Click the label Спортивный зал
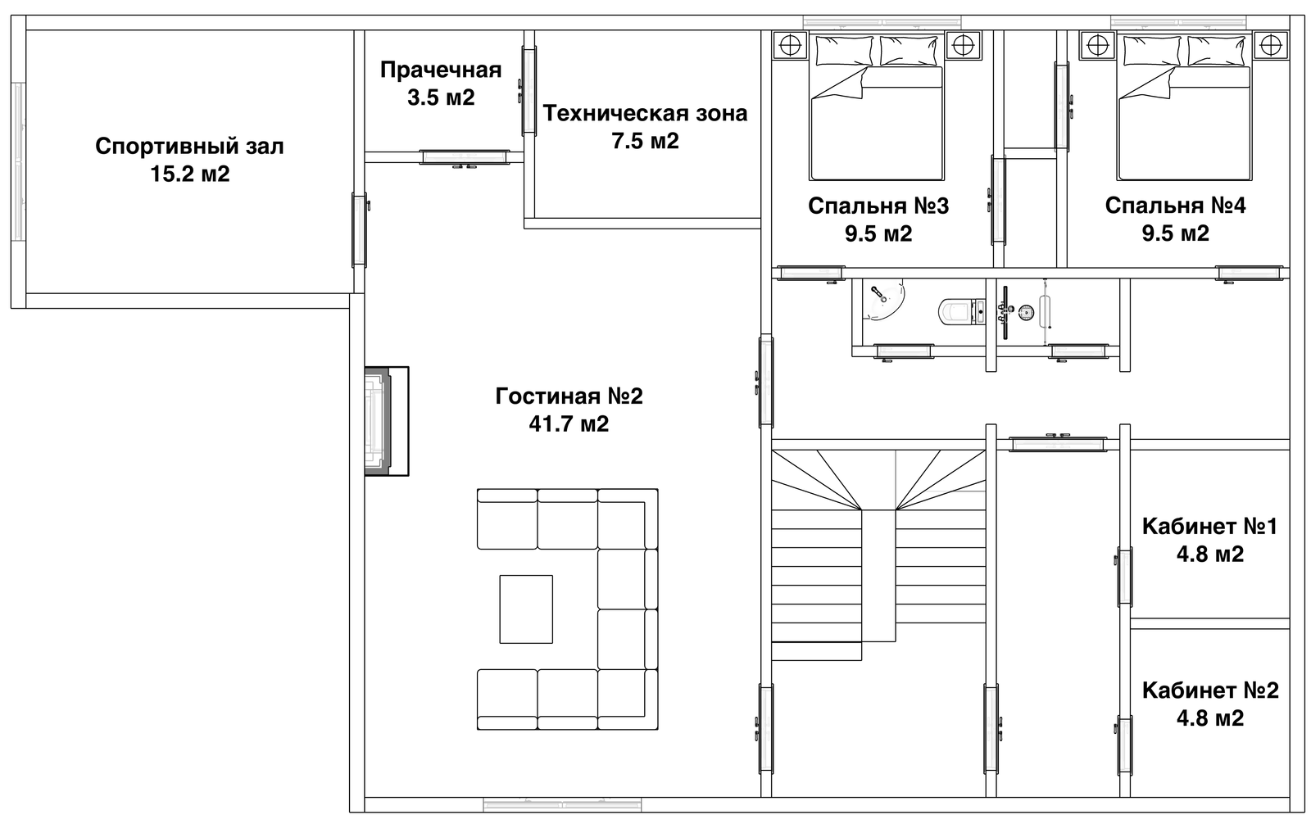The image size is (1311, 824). tap(189, 147)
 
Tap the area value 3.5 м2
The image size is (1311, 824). tap(441, 97)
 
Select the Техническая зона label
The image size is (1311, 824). tap(645, 113)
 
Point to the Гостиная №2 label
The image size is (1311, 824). tap(569, 396)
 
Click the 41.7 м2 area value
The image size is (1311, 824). tap(569, 423)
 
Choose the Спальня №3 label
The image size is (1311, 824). tap(878, 206)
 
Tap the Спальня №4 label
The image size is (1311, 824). tap(1175, 206)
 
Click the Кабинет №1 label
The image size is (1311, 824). tap(1209, 526)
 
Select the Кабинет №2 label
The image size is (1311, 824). tap(1209, 690)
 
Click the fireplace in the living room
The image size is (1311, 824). tap(386, 421)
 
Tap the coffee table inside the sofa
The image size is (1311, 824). tap(526, 609)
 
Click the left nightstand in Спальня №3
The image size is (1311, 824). tap(790, 46)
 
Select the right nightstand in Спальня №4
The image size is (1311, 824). tap(1271, 46)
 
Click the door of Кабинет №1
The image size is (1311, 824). tap(1124, 577)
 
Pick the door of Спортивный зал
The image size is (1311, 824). tap(360, 229)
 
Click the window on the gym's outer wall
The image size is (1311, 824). tap(19, 161)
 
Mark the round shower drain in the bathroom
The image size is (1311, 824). tap(1025, 313)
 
